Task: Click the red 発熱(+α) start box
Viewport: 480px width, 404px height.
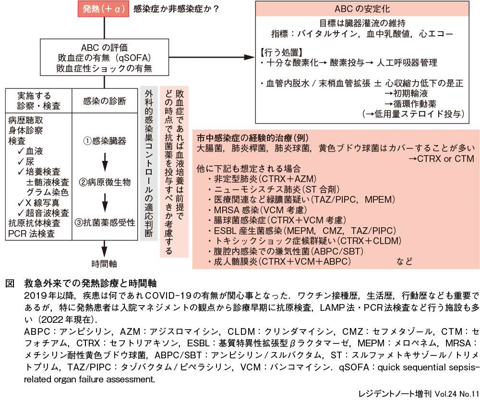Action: pos(103,9)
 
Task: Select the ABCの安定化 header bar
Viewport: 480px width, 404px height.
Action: pos(362,9)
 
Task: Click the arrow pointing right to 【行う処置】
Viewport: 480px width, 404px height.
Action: pos(212,57)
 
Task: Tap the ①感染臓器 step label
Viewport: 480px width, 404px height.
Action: pos(105,141)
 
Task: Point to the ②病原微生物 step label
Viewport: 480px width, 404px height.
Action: pos(105,182)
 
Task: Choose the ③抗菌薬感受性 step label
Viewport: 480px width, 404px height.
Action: pos(105,223)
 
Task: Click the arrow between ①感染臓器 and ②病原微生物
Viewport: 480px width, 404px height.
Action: pos(105,162)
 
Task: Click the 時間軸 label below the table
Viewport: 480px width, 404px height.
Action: pos(104,264)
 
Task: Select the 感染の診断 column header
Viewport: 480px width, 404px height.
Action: pos(105,101)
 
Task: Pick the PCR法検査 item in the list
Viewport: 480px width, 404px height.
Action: pos(32,233)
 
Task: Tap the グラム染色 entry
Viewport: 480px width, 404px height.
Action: pos(48,192)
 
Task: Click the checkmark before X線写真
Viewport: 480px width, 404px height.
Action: pos(21,202)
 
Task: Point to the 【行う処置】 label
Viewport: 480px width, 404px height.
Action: pos(281,52)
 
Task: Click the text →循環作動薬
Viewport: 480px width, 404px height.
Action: pos(410,104)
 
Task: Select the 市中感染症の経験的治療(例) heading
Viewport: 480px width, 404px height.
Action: pos(252,138)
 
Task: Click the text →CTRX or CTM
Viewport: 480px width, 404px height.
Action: pos(441,159)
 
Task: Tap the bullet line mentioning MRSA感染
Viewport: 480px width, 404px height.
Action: pos(257,210)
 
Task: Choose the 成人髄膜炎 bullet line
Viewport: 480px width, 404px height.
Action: pos(279,262)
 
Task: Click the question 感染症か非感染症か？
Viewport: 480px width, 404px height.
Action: pos(176,9)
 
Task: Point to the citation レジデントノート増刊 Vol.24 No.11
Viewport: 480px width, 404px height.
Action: pos(419,394)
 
